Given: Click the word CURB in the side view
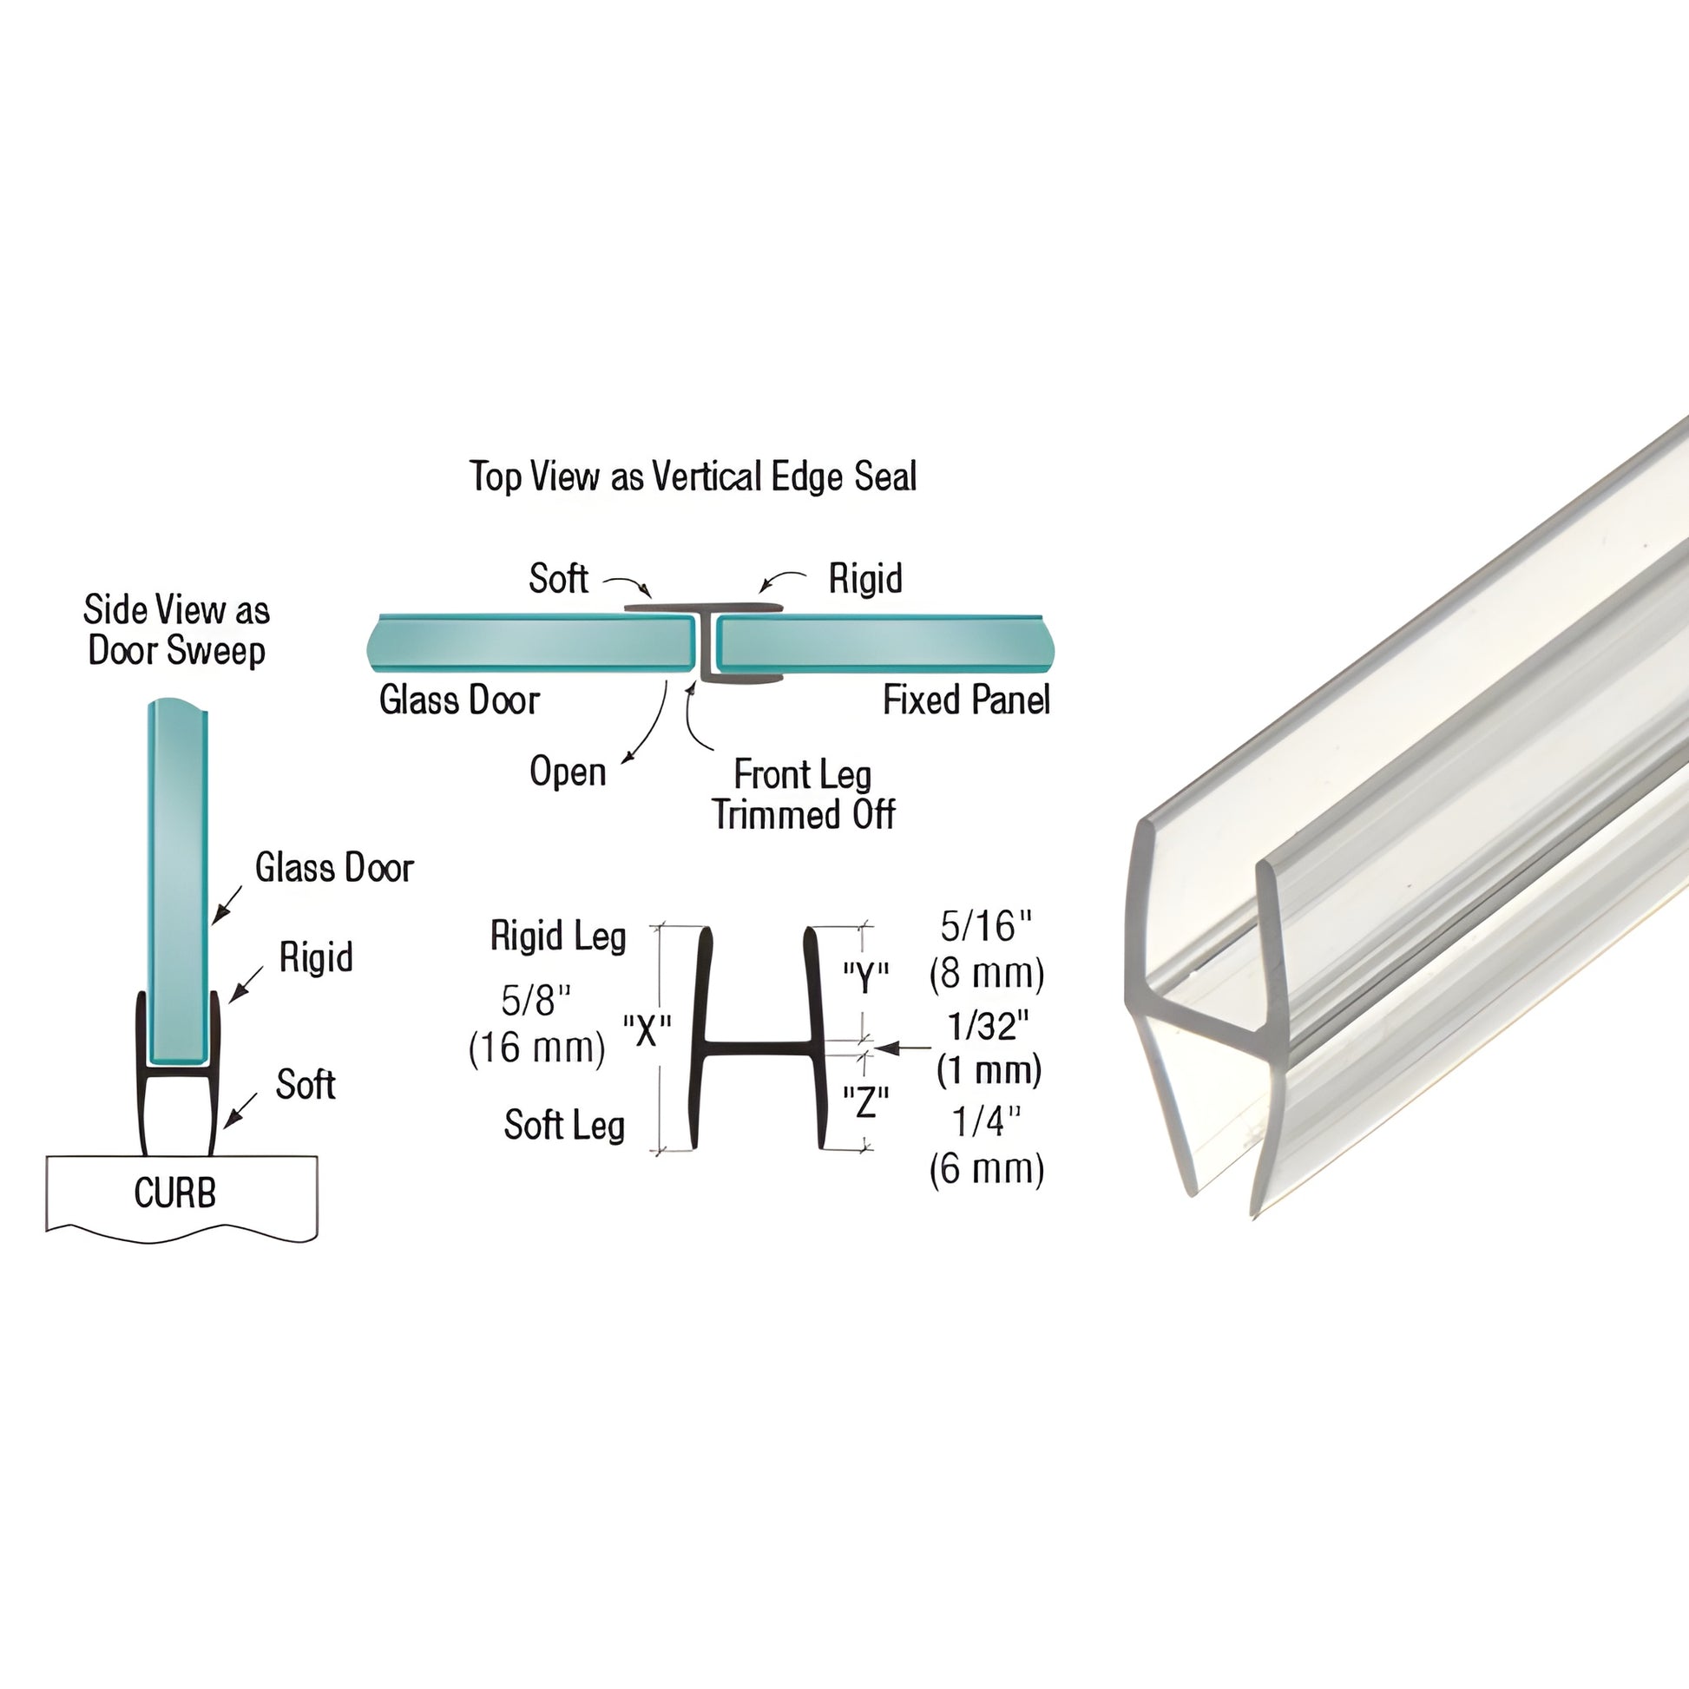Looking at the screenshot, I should pyautogui.click(x=174, y=1193).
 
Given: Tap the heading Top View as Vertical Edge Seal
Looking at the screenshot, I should pyautogui.click(x=693, y=476).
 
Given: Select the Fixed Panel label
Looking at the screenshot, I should pyautogui.click(x=965, y=700).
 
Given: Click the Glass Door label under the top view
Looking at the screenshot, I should pyautogui.click(x=459, y=700).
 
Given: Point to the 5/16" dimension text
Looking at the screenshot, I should pyautogui.click(x=986, y=927).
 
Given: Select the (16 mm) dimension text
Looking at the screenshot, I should pyautogui.click(x=536, y=1048).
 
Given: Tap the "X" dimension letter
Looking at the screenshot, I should pyautogui.click(x=646, y=1032).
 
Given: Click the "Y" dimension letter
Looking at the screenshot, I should pyautogui.click(x=864, y=977).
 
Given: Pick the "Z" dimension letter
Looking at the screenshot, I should pyautogui.click(x=864, y=1103).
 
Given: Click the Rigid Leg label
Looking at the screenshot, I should pyautogui.click(x=558, y=937).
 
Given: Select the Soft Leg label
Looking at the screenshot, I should pyautogui.click(x=564, y=1125).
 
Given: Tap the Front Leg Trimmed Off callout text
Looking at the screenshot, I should pyautogui.click(x=803, y=795).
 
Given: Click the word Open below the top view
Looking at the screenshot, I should pyautogui.click(x=568, y=772).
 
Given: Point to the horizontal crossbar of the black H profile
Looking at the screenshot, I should pyautogui.click(x=759, y=1047).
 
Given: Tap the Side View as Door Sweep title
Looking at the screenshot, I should pyautogui.click(x=175, y=630).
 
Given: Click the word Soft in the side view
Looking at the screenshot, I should pyautogui.click(x=306, y=1085).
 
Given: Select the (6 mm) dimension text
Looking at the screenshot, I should pyautogui.click(x=986, y=1169).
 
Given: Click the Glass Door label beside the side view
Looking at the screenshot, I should pyautogui.click(x=334, y=868).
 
